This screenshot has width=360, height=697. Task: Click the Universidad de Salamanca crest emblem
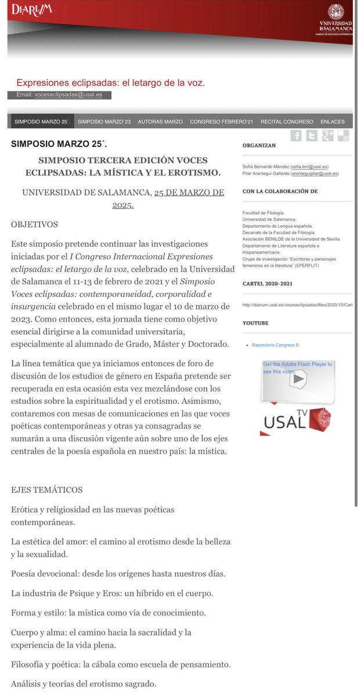click(336, 12)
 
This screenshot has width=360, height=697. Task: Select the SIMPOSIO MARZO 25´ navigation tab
click(42, 122)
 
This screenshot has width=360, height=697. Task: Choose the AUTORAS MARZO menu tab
click(160, 122)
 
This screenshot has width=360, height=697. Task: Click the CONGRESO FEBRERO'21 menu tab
click(222, 122)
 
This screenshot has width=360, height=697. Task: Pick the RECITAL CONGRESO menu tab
click(287, 122)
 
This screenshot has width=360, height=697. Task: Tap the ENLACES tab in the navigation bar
click(332, 122)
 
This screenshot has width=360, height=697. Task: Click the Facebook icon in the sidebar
click(296, 136)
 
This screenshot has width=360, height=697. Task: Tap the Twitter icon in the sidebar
click(312, 136)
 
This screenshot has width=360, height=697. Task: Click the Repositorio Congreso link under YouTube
click(273, 345)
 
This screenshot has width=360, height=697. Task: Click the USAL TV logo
click(297, 422)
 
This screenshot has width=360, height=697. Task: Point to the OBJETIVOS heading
click(34, 224)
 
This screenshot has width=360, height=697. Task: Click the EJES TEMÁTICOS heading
click(47, 490)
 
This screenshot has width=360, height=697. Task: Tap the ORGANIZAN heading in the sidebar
click(259, 146)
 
